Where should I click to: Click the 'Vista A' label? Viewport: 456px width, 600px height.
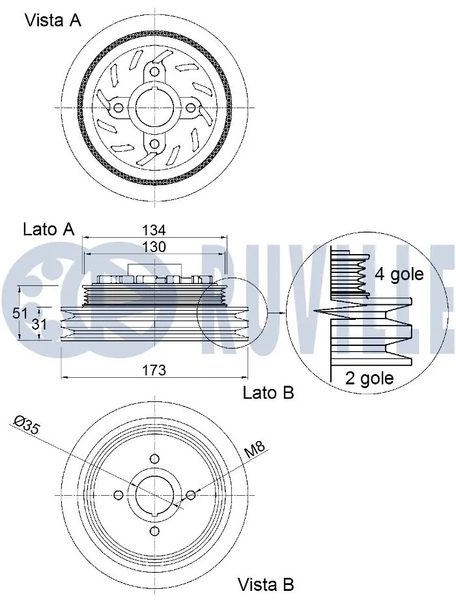click(53, 20)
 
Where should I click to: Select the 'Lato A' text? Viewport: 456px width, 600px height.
click(49, 229)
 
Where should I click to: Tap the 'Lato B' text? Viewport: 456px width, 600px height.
click(268, 393)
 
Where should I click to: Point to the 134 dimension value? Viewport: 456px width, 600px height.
click(154, 230)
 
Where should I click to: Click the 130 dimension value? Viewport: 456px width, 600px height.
click(154, 247)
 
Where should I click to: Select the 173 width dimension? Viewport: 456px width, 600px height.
click(154, 370)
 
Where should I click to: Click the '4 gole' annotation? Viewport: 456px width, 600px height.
click(399, 274)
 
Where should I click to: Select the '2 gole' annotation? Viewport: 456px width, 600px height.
click(369, 379)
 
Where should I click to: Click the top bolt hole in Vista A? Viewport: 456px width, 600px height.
click(154, 71)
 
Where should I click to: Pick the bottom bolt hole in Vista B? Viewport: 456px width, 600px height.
click(154, 532)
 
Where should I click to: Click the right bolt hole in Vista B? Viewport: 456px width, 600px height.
click(190, 496)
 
